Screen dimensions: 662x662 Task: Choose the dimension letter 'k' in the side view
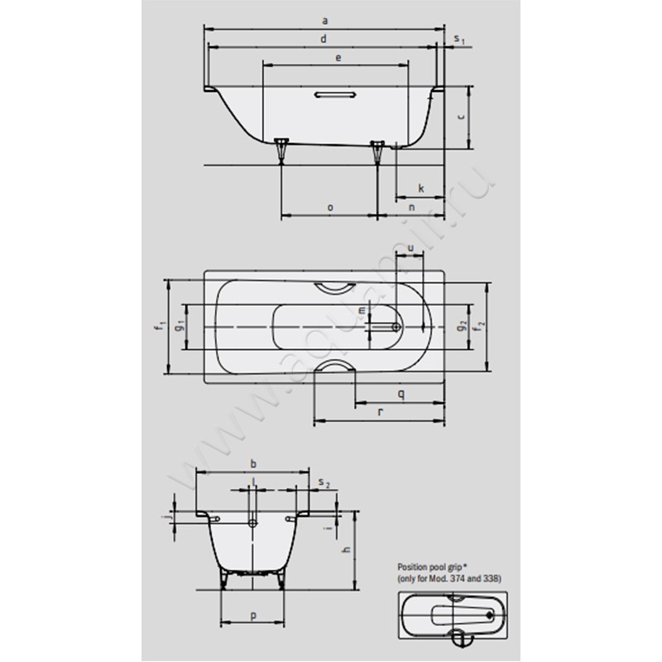pos(420,189)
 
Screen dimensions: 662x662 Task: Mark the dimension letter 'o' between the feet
pos(329,208)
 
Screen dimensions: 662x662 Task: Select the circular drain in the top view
pos(397,327)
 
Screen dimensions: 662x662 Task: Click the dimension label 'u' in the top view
pos(410,247)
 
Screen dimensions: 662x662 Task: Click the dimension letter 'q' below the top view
pos(401,394)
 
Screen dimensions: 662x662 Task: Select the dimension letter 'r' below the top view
pos(378,411)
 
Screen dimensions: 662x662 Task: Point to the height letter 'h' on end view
pos(347,549)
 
